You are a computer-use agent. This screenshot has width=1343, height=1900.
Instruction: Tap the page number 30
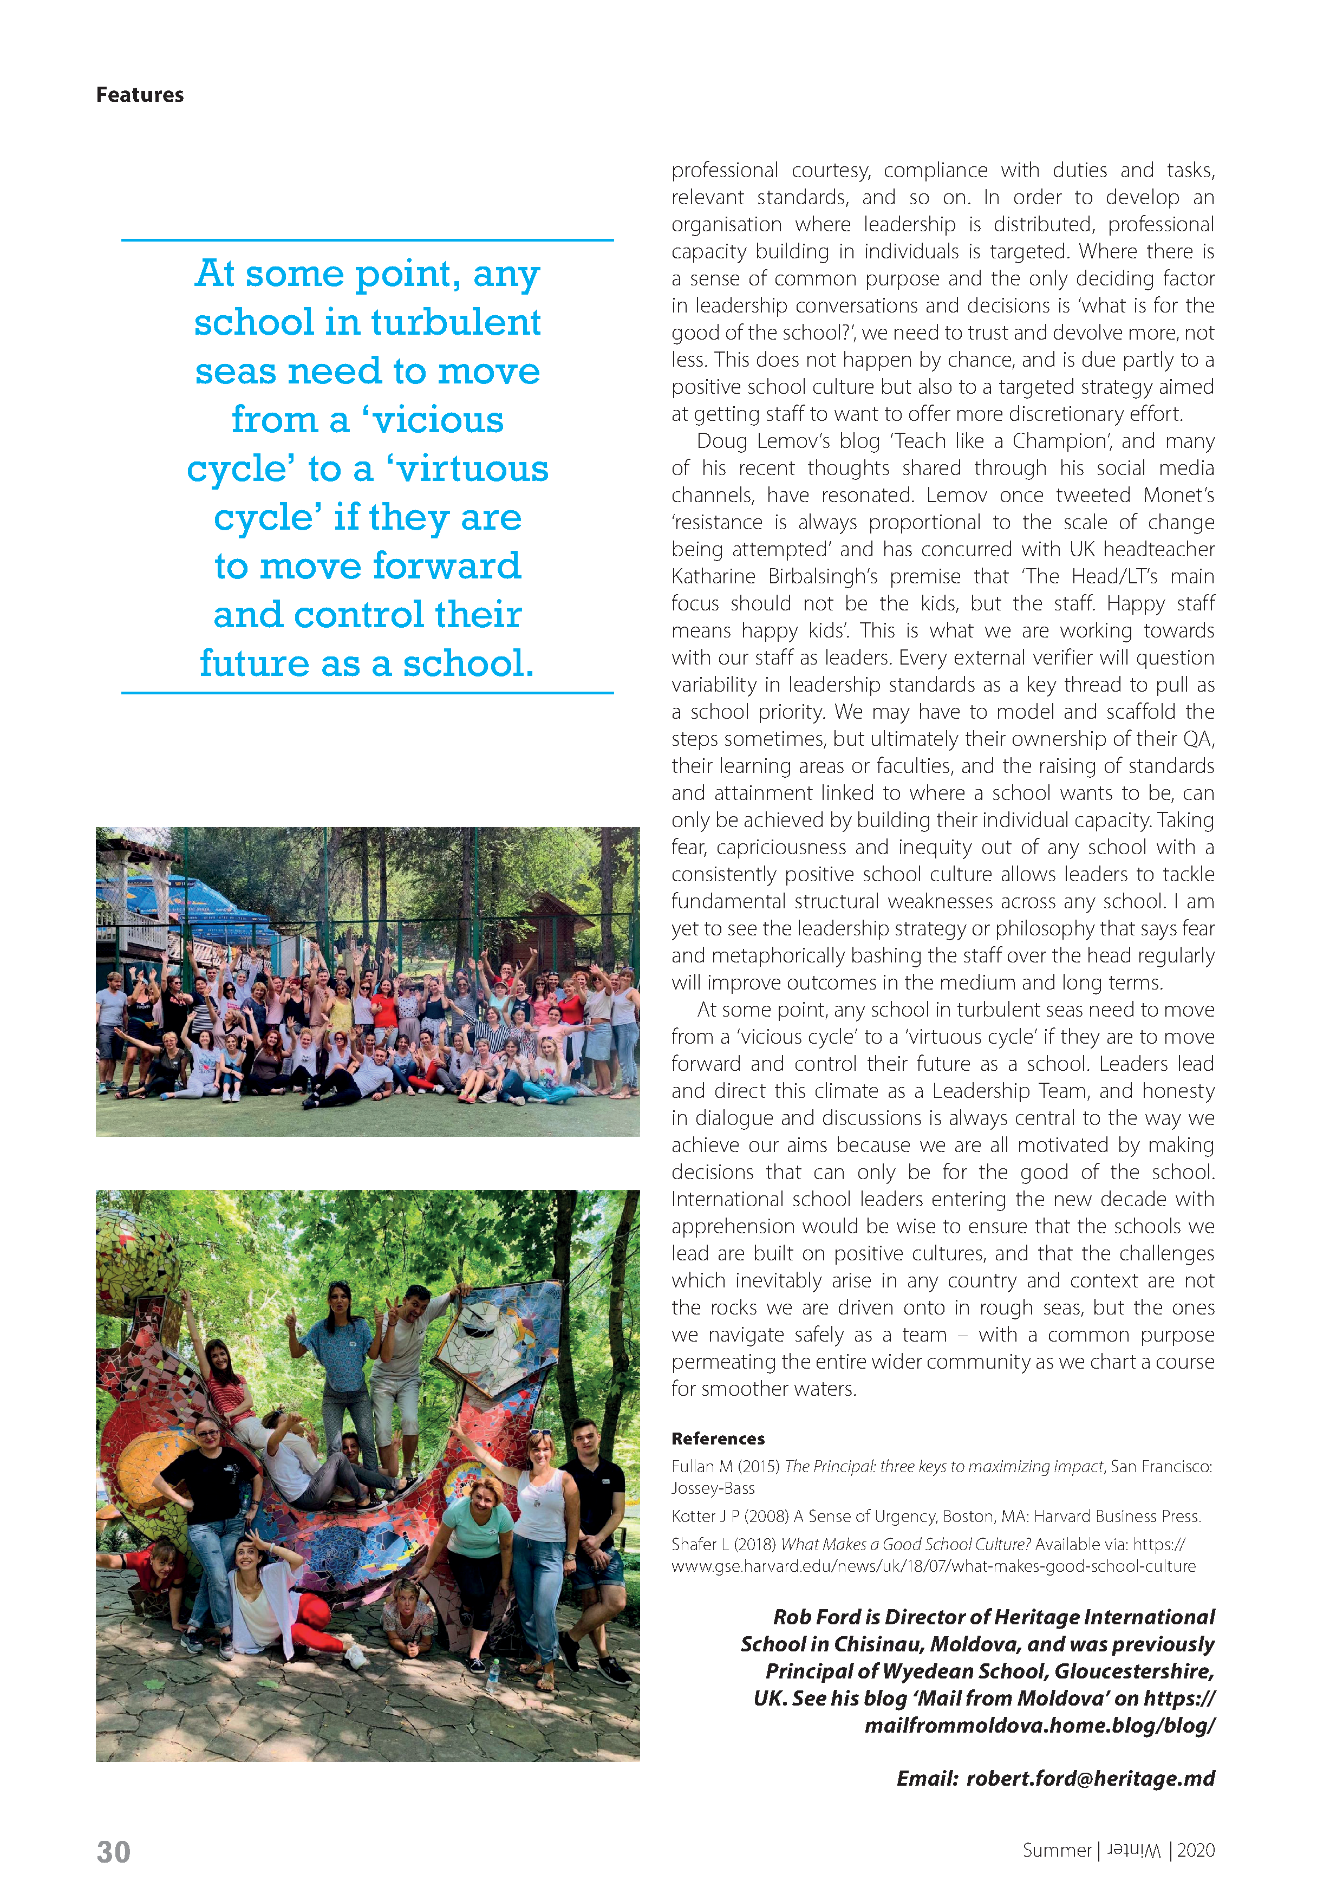[x=113, y=1851]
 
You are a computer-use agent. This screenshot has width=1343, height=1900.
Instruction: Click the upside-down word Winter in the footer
[x=1133, y=1850]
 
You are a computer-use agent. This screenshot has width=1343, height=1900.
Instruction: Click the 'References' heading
[x=718, y=1438]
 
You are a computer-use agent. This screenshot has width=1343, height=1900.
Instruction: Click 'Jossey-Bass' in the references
[x=713, y=1488]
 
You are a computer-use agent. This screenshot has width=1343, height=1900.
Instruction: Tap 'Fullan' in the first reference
[x=692, y=1466]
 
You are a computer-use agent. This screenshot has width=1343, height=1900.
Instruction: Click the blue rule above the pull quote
[x=367, y=240]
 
